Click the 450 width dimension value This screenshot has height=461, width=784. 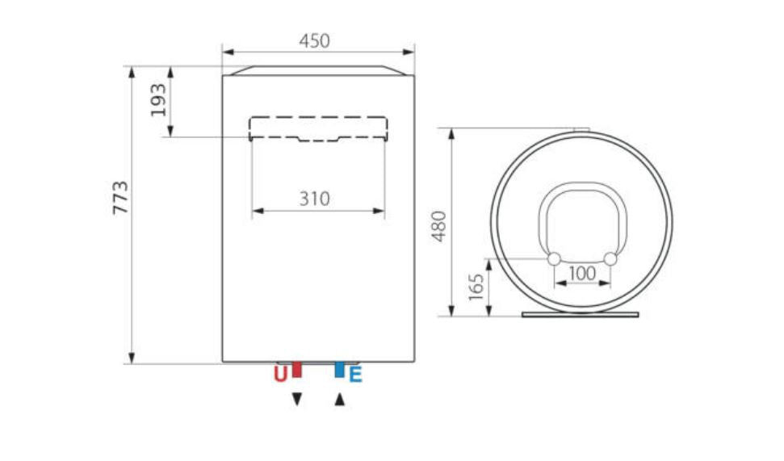[x=315, y=41]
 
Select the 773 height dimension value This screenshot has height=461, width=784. [x=121, y=198]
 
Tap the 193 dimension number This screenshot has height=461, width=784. [x=160, y=99]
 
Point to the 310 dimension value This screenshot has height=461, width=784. [x=315, y=198]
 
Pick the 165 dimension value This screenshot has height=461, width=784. [x=476, y=287]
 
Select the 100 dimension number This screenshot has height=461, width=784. [x=582, y=273]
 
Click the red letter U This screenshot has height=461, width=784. [x=280, y=375]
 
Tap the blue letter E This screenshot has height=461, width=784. [x=355, y=375]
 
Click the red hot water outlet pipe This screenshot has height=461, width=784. [x=297, y=370]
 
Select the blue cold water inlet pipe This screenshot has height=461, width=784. [x=339, y=370]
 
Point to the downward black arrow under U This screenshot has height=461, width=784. [x=297, y=399]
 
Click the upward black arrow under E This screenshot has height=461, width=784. [x=339, y=399]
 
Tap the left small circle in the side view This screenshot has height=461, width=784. [x=555, y=259]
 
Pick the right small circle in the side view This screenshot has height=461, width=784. [x=610, y=259]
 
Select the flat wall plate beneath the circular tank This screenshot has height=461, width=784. [x=581, y=313]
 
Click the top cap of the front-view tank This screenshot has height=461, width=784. [x=318, y=70]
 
